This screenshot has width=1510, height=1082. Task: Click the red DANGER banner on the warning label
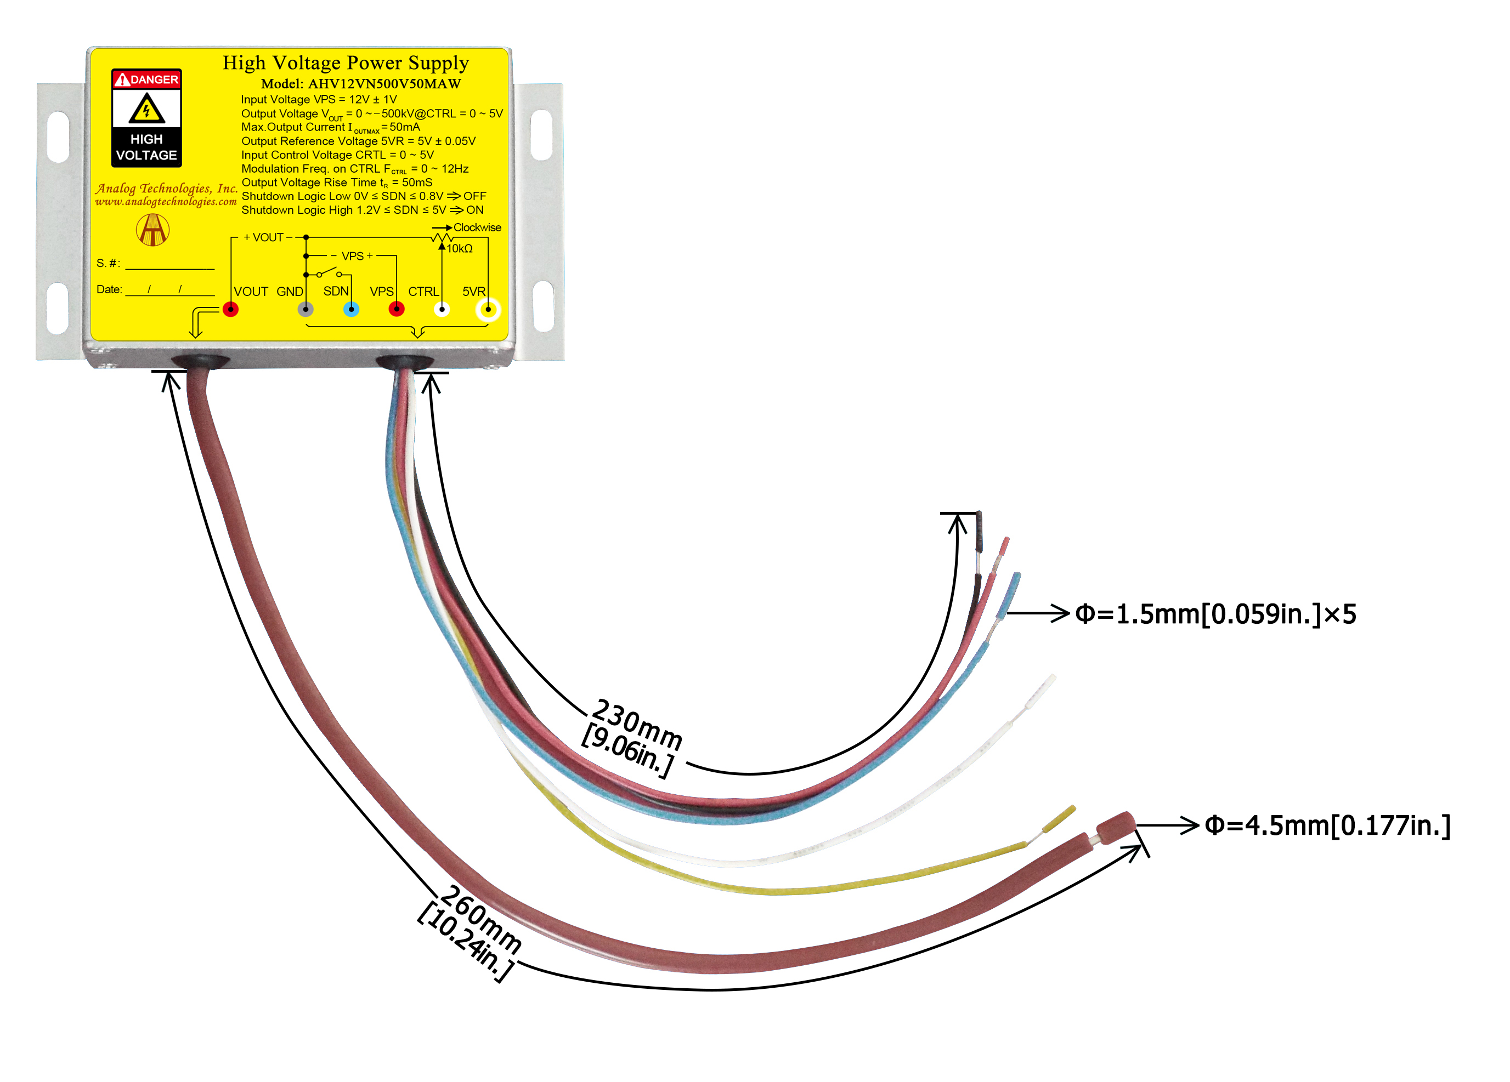click(146, 79)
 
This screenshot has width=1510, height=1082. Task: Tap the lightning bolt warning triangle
click(146, 109)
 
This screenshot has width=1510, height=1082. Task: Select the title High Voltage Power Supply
click(346, 62)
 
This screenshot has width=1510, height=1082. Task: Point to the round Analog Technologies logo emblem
click(152, 230)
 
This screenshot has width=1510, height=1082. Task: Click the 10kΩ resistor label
click(460, 249)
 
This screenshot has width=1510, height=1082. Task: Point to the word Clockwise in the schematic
click(477, 227)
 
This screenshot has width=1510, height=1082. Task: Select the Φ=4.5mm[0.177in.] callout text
click(1327, 826)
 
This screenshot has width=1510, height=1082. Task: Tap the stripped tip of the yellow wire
click(1058, 818)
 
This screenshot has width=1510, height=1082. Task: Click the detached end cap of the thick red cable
click(1115, 828)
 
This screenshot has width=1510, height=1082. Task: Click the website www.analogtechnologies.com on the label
click(166, 202)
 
